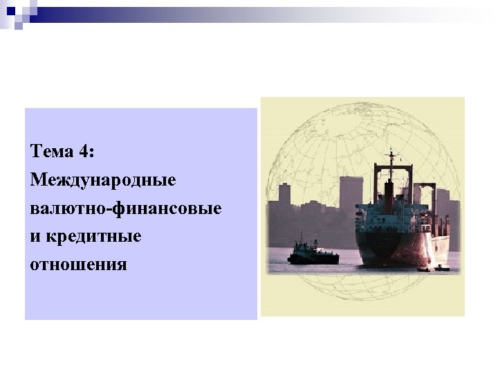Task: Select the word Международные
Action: coord(104,180)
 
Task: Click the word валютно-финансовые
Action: coord(127,208)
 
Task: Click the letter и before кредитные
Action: coord(35,236)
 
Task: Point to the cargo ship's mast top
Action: coord(391,152)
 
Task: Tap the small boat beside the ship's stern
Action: coord(437,267)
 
